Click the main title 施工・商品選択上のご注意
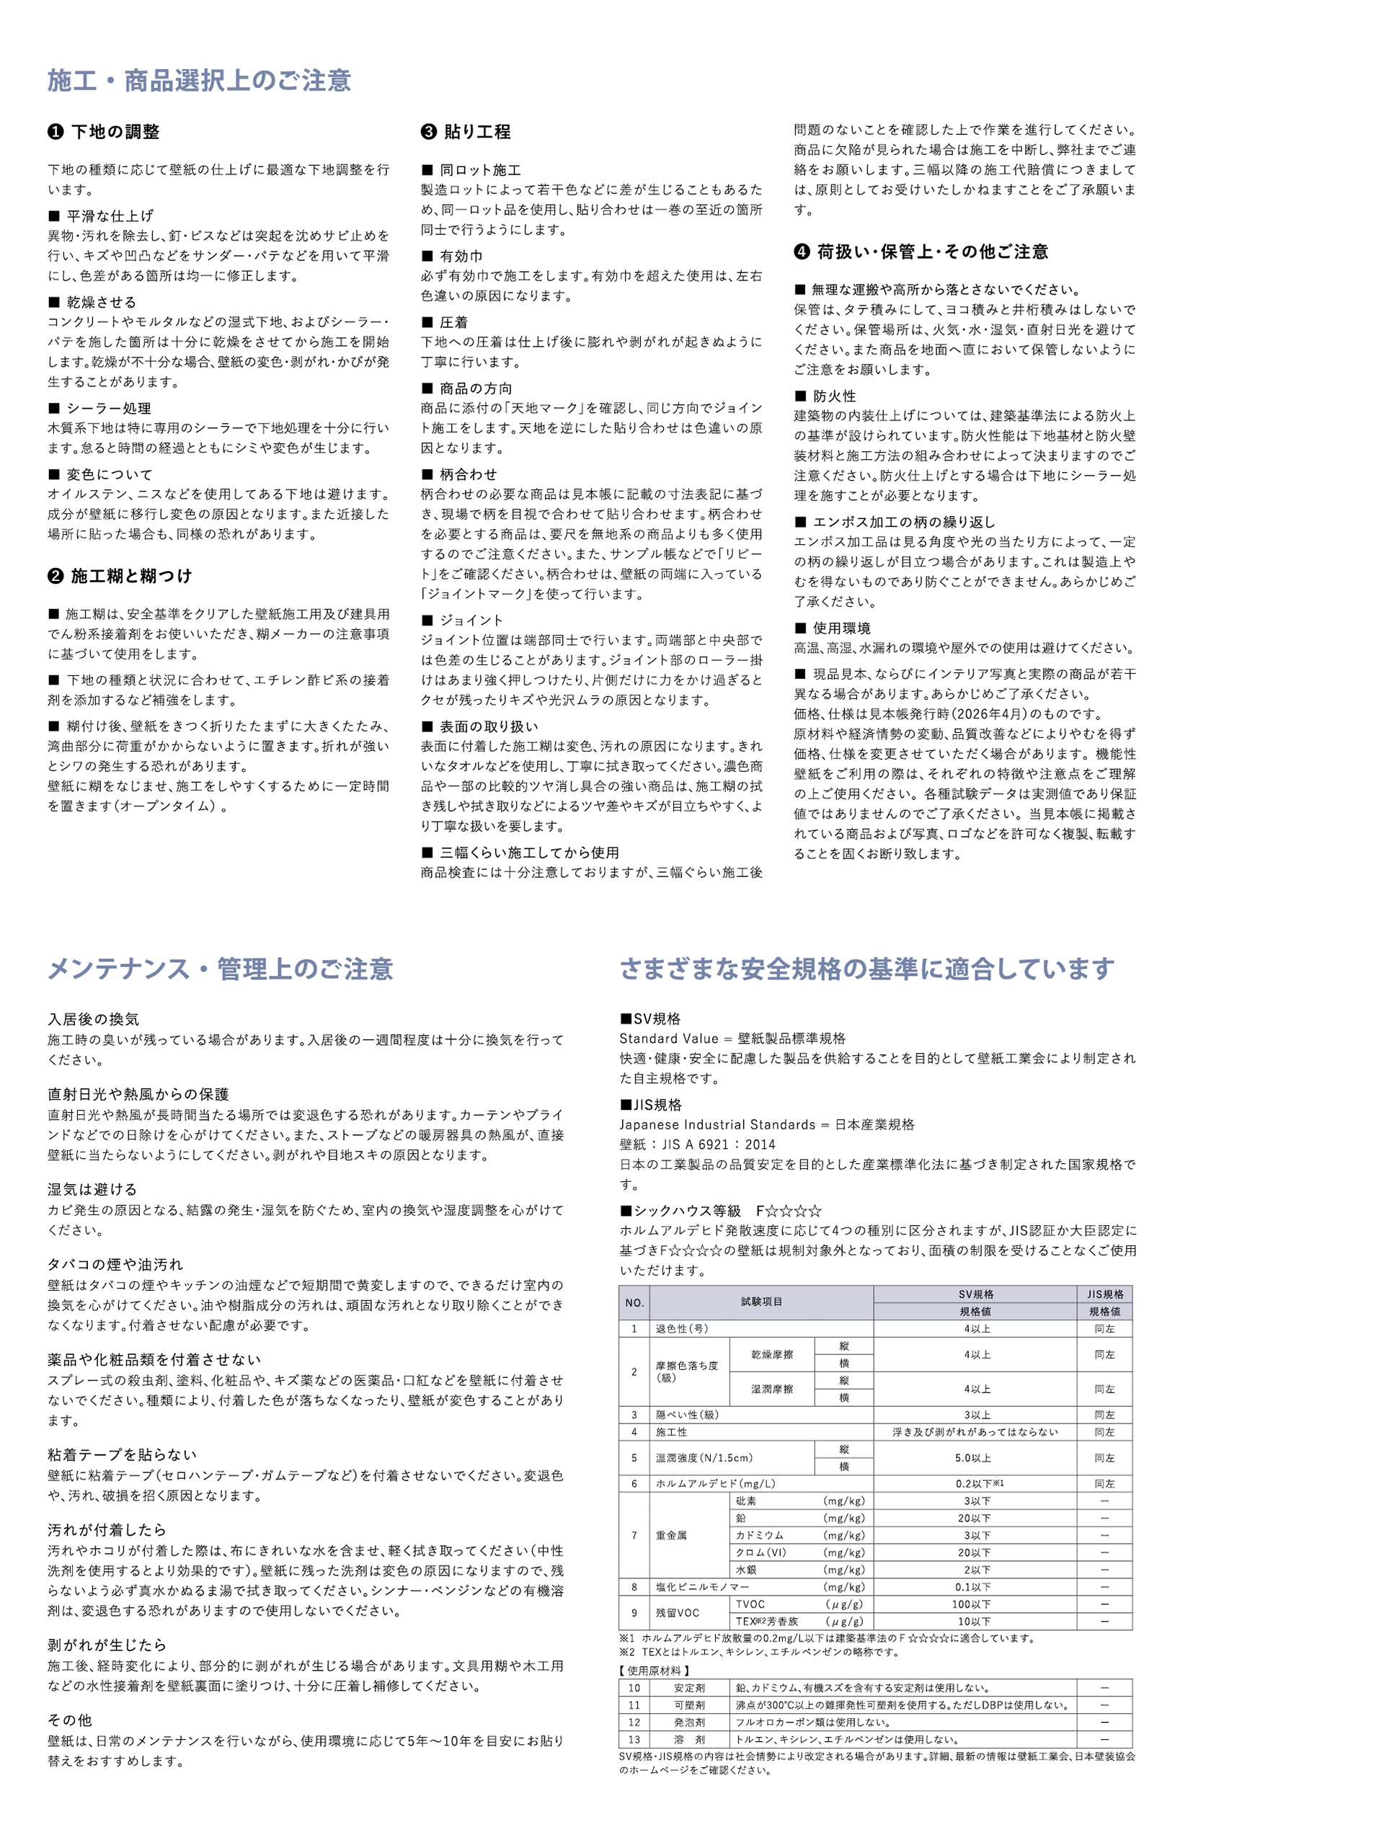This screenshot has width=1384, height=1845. (198, 81)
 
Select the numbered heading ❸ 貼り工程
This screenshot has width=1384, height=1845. (466, 132)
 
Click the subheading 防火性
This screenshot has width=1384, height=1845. (833, 396)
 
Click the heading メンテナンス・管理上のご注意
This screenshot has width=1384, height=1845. (219, 969)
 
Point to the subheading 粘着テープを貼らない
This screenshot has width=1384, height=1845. (122, 1454)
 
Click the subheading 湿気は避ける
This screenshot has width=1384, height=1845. (92, 1189)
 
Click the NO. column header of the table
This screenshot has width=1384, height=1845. (634, 1303)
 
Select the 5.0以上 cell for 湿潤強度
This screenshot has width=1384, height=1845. (974, 1459)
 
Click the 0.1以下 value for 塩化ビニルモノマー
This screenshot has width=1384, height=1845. (974, 1587)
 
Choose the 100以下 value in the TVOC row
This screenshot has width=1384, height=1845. (974, 1605)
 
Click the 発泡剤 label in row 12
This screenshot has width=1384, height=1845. (689, 1722)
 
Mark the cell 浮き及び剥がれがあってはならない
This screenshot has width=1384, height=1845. (975, 1432)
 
